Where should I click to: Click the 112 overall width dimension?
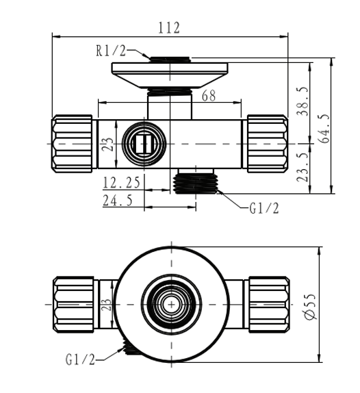[x=168, y=28]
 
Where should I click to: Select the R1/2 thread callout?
[x=112, y=50]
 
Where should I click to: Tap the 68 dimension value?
[x=208, y=97]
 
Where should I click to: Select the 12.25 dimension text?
[x=122, y=182]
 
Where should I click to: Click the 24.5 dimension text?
[x=118, y=200]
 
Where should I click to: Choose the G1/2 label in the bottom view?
[x=81, y=359]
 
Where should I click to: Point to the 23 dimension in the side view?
[x=106, y=144]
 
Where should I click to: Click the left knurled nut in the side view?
[x=73, y=144]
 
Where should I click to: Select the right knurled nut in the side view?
[x=267, y=144]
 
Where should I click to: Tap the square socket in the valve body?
[x=143, y=144]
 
